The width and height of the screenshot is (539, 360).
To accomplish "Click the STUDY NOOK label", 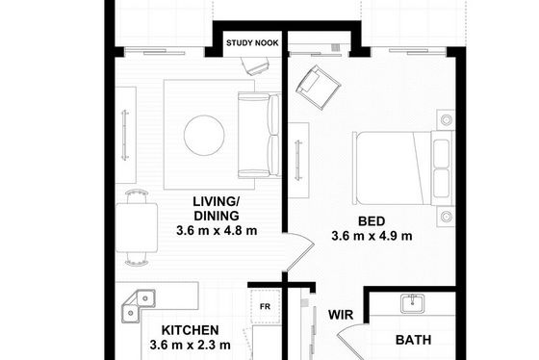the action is coord(252,43).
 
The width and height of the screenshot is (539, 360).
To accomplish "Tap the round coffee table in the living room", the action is coord(204,135).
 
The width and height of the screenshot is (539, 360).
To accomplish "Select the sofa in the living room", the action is coord(260,135).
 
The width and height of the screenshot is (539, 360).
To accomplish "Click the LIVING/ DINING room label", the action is coord(217,208).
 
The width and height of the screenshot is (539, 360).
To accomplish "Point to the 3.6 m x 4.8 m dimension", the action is coord(217,230).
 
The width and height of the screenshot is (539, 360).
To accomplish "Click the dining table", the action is coord(137,227).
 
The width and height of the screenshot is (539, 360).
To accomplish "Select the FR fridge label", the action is coord(265,306).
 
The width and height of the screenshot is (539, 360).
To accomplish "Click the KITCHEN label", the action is coord(191,330).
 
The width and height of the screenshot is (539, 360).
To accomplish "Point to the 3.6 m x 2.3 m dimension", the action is coord(191,345).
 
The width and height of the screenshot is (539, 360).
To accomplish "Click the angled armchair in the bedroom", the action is coord(318,88).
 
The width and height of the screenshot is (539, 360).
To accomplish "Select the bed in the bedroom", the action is coord(403,168).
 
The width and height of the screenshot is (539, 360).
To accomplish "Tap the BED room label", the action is coord(372,221).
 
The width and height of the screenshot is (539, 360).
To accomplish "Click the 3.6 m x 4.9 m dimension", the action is coord(372,236).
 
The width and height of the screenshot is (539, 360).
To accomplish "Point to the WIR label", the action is coord(341,315).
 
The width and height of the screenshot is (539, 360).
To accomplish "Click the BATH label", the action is coord(413,340).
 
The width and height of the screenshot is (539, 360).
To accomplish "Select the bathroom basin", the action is coord(413,303).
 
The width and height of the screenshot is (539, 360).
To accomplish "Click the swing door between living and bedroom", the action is coord(298,252).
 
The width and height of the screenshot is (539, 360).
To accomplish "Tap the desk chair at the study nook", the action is coord(255,65).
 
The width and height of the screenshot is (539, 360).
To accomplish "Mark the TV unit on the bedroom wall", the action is coord(298,160).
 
